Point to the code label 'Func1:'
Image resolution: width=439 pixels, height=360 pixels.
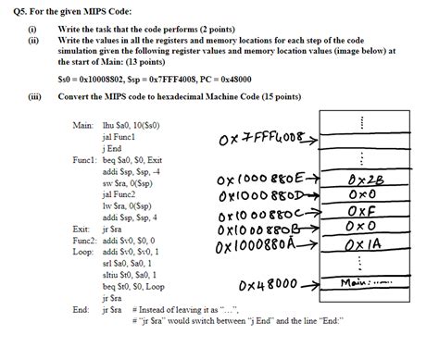tap(84, 159)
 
